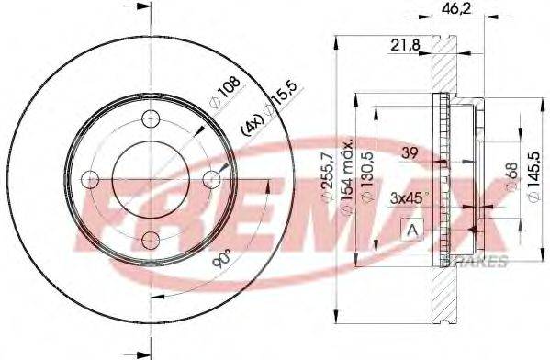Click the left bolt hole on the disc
(x=90, y=178)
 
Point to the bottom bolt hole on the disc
(x=151, y=240)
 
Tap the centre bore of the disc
(x=151, y=178)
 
